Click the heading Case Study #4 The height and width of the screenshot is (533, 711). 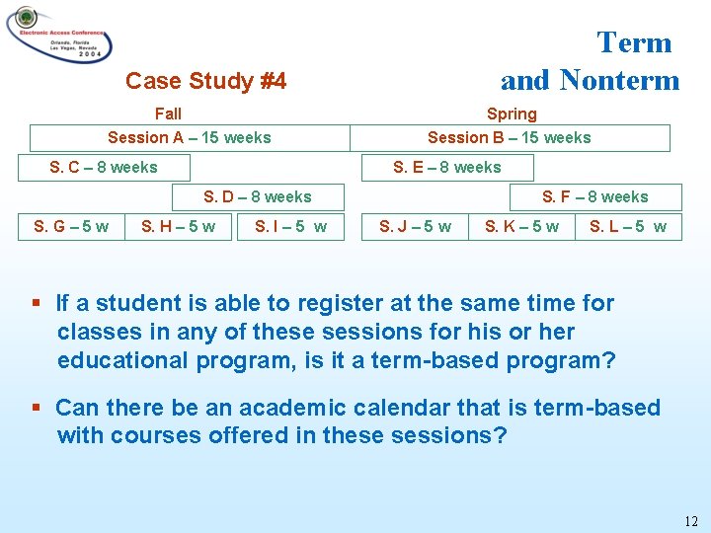[205, 81]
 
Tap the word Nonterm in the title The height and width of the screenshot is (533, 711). [619, 79]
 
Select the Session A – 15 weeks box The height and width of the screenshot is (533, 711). [189, 138]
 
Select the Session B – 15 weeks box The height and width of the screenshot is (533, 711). [510, 138]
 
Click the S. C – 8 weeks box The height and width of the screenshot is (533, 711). [104, 167]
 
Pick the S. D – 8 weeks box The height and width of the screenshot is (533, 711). [257, 197]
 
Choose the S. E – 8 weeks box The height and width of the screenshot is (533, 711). [447, 167]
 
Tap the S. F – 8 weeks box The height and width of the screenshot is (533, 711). [594, 197]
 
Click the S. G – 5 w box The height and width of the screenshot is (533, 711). [72, 227]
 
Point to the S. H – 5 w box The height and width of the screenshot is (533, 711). [179, 227]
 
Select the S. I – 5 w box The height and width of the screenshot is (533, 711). [290, 227]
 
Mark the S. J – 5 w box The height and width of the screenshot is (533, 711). [416, 227]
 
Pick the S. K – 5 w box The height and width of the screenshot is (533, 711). [521, 227]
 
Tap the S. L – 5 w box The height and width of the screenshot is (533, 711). [628, 227]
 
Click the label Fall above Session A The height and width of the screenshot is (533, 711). [168, 114]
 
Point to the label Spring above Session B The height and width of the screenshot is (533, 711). [512, 114]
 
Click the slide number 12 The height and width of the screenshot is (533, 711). [690, 520]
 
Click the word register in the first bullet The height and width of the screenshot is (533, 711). [324, 303]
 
